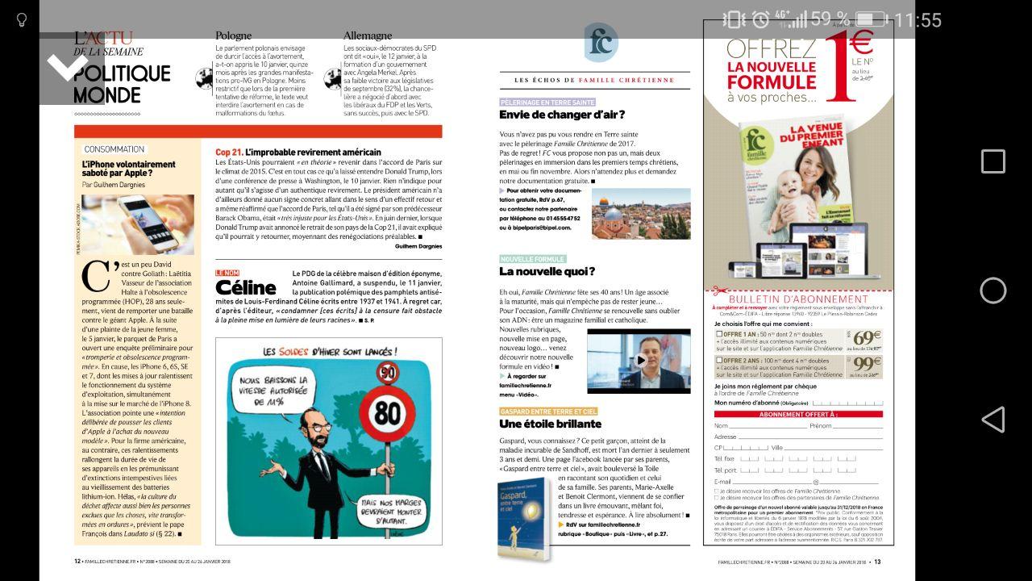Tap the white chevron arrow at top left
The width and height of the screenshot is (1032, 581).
[68, 66]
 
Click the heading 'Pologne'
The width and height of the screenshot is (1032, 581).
[233, 36]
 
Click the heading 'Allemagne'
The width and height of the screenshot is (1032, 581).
[368, 36]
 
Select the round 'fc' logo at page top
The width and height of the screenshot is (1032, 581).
[601, 43]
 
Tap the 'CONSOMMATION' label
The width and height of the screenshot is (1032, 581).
[114, 149]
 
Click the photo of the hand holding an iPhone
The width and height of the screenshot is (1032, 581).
[137, 224]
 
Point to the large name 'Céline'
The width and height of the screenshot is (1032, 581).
[246, 287]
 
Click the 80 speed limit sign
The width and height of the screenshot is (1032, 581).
[388, 412]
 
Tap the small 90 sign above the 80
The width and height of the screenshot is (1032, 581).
[389, 372]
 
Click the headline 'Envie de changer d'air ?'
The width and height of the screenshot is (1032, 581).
[562, 115]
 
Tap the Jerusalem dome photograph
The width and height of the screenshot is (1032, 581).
[641, 213]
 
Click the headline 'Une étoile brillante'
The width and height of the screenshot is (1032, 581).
[550, 424]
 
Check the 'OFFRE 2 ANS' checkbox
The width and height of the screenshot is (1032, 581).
[719, 361]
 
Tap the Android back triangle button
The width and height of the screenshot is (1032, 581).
[992, 419]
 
